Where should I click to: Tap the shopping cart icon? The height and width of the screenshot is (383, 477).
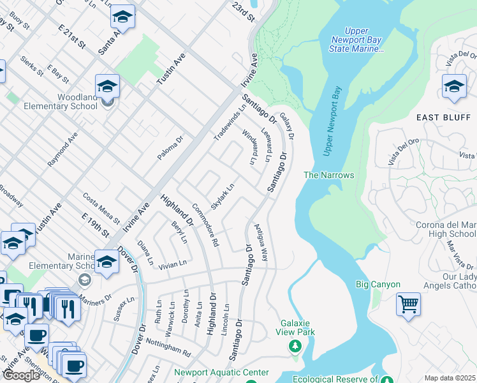408,304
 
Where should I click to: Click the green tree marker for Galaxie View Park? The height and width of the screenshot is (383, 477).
295,346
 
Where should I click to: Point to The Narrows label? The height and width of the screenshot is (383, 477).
328,175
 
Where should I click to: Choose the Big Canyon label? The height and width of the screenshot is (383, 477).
378,284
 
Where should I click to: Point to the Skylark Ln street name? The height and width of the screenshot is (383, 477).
223,194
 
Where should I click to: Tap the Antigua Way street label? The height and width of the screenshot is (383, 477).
260,242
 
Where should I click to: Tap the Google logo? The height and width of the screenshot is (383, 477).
21,375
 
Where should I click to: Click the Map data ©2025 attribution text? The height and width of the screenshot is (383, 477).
449,378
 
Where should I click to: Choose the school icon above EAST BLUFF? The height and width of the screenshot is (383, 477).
454,86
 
